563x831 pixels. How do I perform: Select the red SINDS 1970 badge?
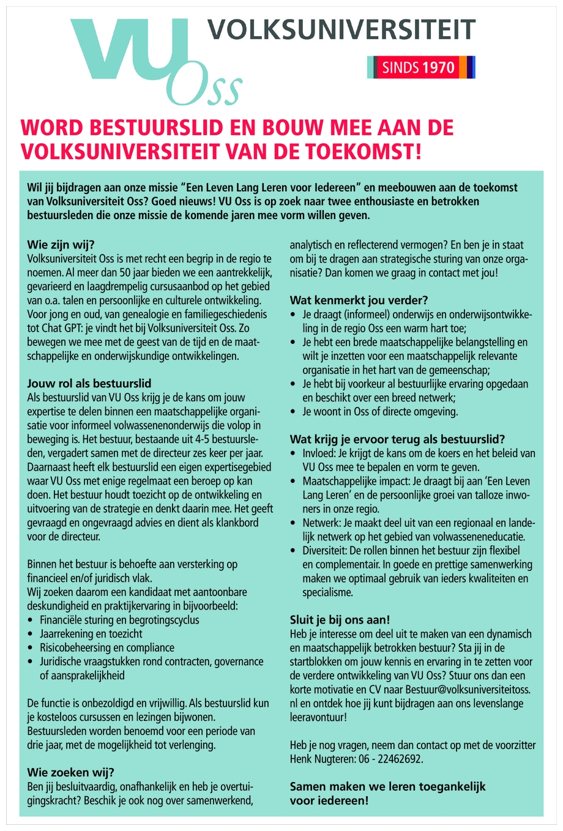pos(419,67)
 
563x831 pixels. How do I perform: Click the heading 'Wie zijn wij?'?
pos(61,245)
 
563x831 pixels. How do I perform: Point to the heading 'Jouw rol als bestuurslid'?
pos(89,384)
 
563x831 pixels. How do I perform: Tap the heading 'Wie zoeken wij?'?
pos(70,772)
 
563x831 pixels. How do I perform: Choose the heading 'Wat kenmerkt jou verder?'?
pos(359,300)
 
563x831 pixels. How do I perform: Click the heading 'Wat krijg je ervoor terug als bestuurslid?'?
pos(397,439)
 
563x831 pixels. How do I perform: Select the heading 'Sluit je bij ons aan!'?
pos(340,620)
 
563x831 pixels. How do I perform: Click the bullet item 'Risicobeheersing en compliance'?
pos(106,647)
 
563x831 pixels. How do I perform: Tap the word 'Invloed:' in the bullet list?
pos(319,453)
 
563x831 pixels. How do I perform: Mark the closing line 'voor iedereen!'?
pos(329,800)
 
